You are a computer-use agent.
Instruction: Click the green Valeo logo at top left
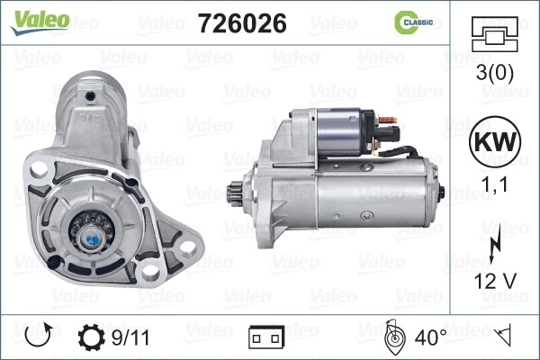[x=40, y=22]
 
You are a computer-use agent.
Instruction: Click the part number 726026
[x=242, y=23]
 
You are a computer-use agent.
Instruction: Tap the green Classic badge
[x=414, y=22]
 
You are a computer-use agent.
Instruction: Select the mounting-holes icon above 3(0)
[x=494, y=34]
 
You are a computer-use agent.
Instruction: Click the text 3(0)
[x=494, y=72]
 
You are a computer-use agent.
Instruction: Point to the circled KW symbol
[x=495, y=141]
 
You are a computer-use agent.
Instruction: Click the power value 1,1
[x=494, y=184]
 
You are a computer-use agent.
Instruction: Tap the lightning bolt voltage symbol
[x=496, y=243]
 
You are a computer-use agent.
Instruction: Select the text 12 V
[x=495, y=281]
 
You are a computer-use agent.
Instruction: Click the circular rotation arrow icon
[x=39, y=335]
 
